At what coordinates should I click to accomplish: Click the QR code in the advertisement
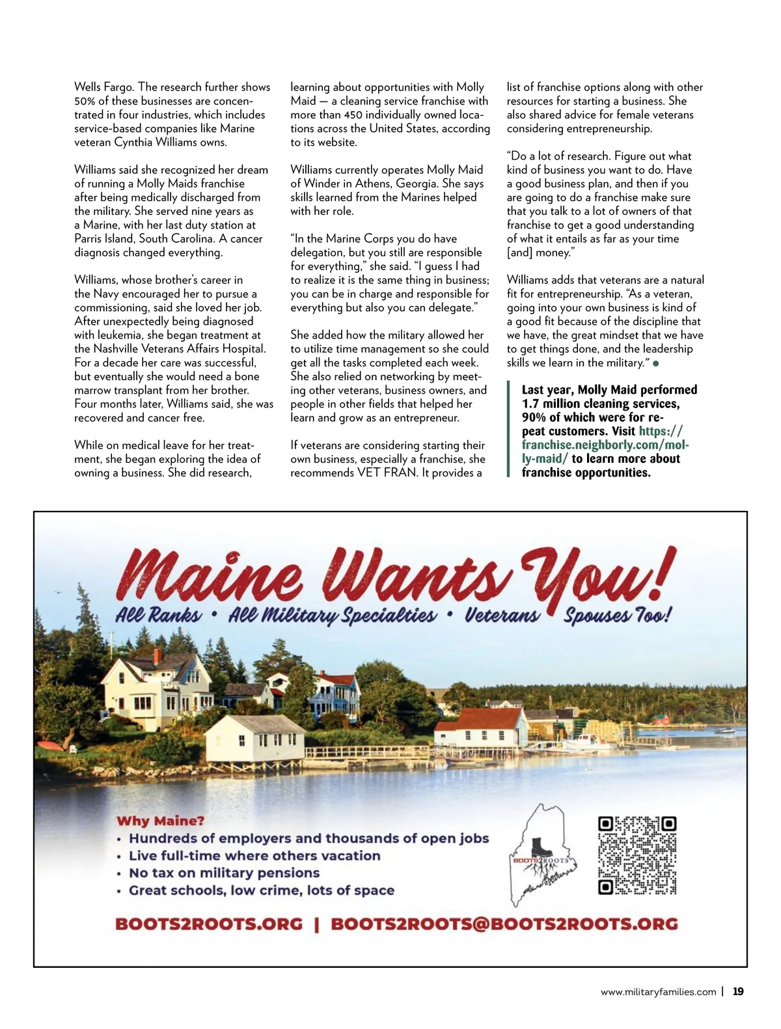[637, 855]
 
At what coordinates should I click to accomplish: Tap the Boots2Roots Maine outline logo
[543, 855]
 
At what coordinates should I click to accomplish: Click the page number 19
[738, 992]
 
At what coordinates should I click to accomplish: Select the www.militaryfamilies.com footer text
[658, 992]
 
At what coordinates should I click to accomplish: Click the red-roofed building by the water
[482, 727]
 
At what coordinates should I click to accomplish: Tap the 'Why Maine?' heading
[160, 821]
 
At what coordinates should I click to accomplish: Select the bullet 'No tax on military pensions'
[224, 873]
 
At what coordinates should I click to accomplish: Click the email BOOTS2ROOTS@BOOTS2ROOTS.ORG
[504, 924]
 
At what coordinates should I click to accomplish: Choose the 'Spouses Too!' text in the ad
[617, 615]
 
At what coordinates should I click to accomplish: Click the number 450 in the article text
[353, 115]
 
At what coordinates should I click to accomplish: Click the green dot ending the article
[656, 363]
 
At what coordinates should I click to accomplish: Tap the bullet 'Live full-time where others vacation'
[254, 856]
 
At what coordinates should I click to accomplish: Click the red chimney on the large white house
[157, 655]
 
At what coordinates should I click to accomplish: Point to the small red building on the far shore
[662, 720]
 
